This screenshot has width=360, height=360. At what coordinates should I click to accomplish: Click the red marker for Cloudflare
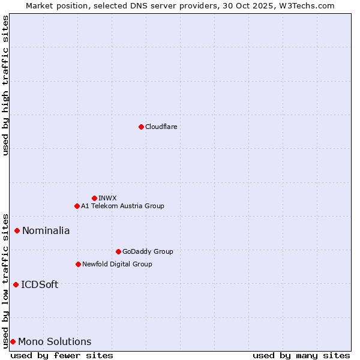(141, 127)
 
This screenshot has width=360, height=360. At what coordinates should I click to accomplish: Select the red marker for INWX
(94, 198)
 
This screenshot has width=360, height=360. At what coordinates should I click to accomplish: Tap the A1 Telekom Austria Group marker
(77, 206)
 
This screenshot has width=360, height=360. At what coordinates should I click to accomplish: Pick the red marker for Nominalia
(17, 230)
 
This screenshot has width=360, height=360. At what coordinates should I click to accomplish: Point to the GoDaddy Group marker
(118, 251)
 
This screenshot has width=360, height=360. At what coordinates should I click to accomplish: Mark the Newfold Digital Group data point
(78, 264)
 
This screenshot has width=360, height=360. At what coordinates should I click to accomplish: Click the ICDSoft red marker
(16, 284)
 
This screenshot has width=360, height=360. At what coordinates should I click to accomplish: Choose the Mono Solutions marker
(13, 341)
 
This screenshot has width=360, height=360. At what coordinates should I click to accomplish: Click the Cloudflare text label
(161, 127)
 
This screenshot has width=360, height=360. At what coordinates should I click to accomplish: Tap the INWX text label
(107, 198)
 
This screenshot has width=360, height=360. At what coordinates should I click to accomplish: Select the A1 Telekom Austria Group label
(122, 206)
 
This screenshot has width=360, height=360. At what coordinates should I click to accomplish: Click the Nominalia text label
(46, 230)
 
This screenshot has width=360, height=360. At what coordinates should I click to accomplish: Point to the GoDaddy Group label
(148, 251)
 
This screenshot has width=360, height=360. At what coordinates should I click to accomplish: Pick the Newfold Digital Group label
(117, 264)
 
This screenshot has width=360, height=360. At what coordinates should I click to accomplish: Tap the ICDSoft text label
(40, 284)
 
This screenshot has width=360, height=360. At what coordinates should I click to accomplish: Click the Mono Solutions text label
(55, 341)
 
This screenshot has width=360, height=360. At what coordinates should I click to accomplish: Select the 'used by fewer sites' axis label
(62, 355)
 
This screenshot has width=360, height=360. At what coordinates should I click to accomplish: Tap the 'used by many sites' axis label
(301, 355)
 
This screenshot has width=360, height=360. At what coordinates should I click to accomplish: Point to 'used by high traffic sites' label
(5, 85)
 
